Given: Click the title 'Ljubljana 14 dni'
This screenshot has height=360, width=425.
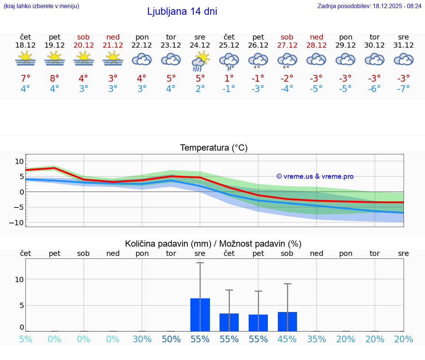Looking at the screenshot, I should (x=182, y=11).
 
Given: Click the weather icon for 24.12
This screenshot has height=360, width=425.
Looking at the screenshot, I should (x=200, y=61).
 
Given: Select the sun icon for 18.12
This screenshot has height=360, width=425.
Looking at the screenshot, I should (x=25, y=59).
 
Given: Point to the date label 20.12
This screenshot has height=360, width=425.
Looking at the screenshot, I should (x=83, y=45).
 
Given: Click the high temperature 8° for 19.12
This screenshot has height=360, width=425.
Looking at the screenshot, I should (x=55, y=78).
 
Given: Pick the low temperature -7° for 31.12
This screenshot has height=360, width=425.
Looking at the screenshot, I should (x=403, y=89).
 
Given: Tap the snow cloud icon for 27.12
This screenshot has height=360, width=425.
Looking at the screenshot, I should (x=287, y=61).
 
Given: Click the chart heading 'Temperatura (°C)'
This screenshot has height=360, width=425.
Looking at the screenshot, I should (x=214, y=148).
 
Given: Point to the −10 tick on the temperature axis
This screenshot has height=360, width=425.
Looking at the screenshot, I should (x=19, y=223).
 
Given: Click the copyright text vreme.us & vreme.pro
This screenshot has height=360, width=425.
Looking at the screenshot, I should (x=315, y=176).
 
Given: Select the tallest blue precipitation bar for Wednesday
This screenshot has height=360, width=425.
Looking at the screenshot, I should (x=200, y=315).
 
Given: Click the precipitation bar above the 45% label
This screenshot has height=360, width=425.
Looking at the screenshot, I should (x=287, y=322).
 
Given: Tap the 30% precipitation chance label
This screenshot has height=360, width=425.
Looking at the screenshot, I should (x=142, y=339).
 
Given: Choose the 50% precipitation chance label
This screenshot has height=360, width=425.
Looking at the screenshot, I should (x=171, y=339).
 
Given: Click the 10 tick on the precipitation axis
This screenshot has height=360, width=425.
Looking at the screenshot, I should (x=19, y=280).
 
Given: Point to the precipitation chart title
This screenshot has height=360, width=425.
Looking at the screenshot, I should (x=213, y=244).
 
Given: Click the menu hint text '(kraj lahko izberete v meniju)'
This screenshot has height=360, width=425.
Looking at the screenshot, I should (x=41, y=6).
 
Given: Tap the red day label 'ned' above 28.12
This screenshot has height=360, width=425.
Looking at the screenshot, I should (x=316, y=37).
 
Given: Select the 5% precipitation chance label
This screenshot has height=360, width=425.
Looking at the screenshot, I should (x=25, y=339).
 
